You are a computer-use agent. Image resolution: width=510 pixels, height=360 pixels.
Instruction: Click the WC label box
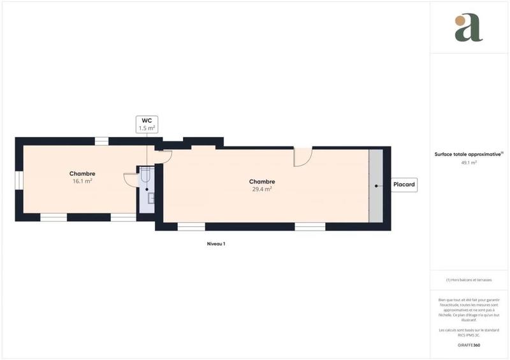(146, 124)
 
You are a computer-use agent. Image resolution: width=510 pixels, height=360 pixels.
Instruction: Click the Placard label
(404, 185)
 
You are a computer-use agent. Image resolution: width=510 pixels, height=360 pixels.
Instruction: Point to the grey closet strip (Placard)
(375, 185)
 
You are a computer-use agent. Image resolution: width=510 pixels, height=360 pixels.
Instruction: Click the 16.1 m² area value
(83, 181)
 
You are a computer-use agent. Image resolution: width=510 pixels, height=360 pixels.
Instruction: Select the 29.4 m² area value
(262, 189)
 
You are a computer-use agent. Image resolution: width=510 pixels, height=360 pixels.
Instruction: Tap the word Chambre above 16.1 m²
(83, 173)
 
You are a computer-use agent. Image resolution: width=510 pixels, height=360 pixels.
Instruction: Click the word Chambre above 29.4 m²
(262, 182)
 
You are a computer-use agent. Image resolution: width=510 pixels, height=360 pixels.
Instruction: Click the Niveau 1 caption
(216, 244)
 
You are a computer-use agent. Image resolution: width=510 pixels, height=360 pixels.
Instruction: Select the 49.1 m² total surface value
(469, 162)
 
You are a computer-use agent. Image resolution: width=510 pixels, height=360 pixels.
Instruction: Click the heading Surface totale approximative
(469, 154)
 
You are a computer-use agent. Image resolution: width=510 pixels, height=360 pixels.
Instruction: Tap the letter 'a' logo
(469, 28)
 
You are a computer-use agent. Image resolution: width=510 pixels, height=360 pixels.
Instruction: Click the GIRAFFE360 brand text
(469, 345)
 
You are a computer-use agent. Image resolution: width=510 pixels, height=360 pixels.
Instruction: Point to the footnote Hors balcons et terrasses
(469, 280)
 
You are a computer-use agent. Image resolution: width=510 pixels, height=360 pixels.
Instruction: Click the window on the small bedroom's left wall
(18, 180)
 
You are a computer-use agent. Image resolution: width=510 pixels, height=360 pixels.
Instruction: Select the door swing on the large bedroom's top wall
(302, 157)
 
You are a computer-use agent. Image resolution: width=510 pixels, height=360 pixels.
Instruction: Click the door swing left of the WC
(131, 179)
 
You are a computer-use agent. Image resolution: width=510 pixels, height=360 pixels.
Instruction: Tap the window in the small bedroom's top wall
(101, 141)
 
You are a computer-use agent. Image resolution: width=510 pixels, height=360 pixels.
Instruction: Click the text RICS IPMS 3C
(469, 334)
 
